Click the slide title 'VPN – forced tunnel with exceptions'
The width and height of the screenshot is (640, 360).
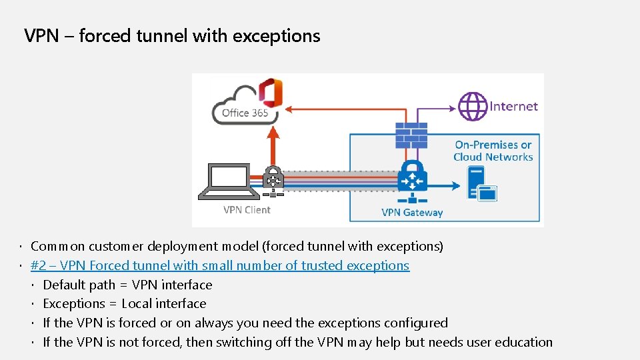coord(172,35)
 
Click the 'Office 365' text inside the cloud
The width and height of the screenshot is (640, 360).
coord(245,113)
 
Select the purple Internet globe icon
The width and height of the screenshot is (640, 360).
coord(473,106)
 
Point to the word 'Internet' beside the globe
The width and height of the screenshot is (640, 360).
coord(513,106)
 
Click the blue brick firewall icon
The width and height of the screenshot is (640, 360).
coord(411,135)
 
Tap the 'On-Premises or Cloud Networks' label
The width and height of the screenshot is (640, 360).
coord(493,151)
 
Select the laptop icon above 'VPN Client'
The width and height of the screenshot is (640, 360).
coord(229,181)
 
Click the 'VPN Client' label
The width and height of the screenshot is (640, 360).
coord(247,210)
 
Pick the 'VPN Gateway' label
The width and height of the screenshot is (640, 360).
coord(412,213)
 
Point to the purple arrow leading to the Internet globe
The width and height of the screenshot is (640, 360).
coord(433,107)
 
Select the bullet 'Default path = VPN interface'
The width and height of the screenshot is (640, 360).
coord(127,285)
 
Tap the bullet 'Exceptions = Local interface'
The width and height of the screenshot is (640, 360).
coord(125,303)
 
